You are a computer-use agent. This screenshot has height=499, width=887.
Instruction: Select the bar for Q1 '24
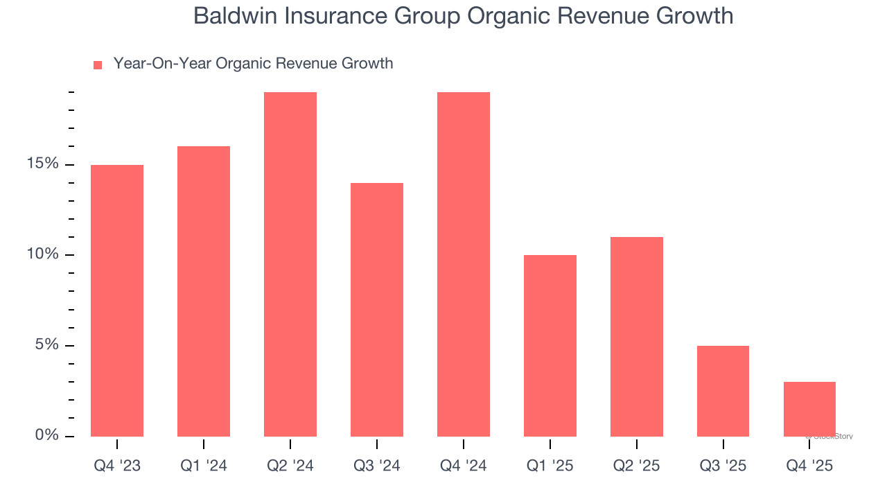tap(204, 291)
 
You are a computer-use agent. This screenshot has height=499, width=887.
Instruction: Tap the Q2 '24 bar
tap(290, 264)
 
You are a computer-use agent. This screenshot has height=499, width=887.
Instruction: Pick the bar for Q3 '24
tap(377, 309)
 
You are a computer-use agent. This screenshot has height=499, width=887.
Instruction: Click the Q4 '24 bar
tap(464, 264)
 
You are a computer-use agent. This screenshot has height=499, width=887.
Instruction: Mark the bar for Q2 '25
tap(637, 336)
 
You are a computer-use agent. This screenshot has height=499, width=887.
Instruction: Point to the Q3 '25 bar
tap(723, 391)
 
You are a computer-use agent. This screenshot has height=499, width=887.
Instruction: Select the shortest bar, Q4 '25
tap(809, 409)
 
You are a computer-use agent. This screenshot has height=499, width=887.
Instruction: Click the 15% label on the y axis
tap(43, 164)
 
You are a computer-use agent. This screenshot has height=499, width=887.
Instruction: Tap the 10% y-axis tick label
tap(43, 254)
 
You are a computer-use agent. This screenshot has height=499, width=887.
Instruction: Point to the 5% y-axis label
tap(47, 345)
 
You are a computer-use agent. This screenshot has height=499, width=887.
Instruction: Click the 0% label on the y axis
tap(47, 435)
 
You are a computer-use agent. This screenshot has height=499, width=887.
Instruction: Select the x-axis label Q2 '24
tap(290, 466)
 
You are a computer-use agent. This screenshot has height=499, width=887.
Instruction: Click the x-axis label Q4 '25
tap(809, 466)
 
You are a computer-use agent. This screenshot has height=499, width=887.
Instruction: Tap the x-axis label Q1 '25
tap(550, 466)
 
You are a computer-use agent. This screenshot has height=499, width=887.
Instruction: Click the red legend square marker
tap(98, 64)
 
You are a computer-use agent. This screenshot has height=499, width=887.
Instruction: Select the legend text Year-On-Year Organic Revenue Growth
tap(253, 64)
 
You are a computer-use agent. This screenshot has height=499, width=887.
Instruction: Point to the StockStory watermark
tap(829, 437)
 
